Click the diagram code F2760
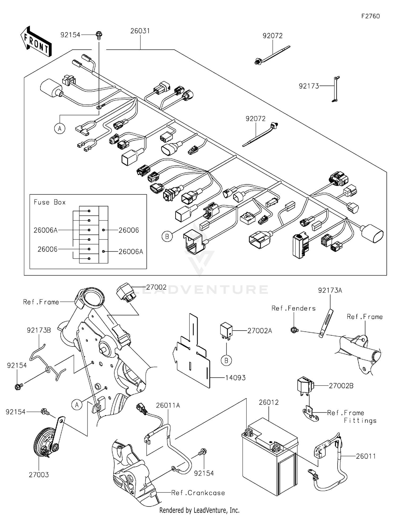pyautogui.click(x=370, y=16)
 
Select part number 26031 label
pyautogui.click(x=140, y=31)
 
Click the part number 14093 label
pyautogui.click(x=235, y=378)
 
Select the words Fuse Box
pyautogui.click(x=49, y=202)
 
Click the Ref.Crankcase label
pyautogui.click(x=198, y=493)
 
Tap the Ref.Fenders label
pyautogui.click(x=293, y=308)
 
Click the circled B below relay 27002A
pyautogui.click(x=226, y=361)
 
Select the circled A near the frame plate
pyautogui.click(x=77, y=405)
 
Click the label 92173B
pyautogui.click(x=39, y=330)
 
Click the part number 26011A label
pyautogui.click(x=168, y=406)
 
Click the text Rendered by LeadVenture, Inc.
pyautogui.click(x=199, y=510)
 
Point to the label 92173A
pyautogui.click(x=330, y=290)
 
